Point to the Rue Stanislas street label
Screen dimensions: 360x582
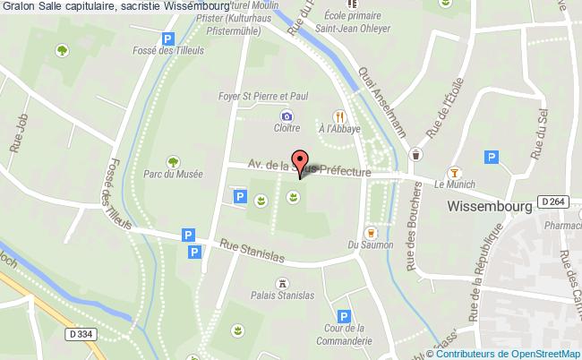(x=252, y=250)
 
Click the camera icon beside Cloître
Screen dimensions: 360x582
(x=286, y=116)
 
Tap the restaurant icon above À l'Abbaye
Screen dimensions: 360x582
(x=339, y=116)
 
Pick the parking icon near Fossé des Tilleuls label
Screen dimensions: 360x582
(x=167, y=39)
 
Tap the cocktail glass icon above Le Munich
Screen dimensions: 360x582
(x=454, y=172)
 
